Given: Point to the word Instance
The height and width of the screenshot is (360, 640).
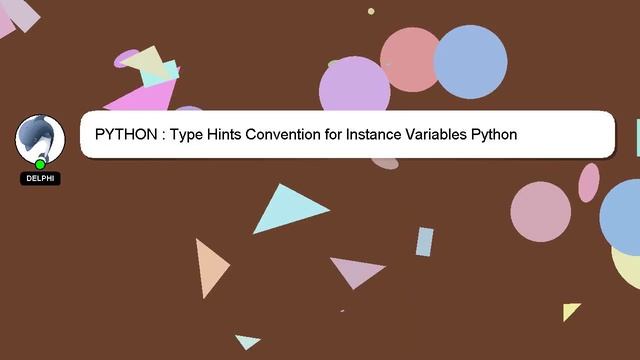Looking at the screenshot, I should point(372,134).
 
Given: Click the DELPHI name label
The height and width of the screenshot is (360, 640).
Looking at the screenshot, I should point(40,178).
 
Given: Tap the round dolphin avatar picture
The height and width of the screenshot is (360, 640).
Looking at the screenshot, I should point(40,138).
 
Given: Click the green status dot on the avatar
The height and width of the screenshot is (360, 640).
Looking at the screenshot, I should point(40,164).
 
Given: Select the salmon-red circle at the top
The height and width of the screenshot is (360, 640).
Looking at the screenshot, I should point(410,58).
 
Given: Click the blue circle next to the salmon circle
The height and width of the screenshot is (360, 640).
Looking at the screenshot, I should point(470,62).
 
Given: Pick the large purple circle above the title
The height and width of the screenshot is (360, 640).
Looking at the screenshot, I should point(354,88).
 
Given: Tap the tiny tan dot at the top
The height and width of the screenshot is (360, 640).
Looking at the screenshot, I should point(371,12).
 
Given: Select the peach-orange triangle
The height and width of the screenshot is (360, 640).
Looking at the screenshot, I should point(209,267).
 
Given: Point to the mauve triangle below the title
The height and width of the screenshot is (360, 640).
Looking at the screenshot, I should point(356,270).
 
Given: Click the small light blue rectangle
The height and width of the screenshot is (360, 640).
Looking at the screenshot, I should point(425,241).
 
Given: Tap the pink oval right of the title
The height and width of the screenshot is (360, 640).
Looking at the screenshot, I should point(589,182).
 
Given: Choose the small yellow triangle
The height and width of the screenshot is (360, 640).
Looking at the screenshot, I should point(570,311).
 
